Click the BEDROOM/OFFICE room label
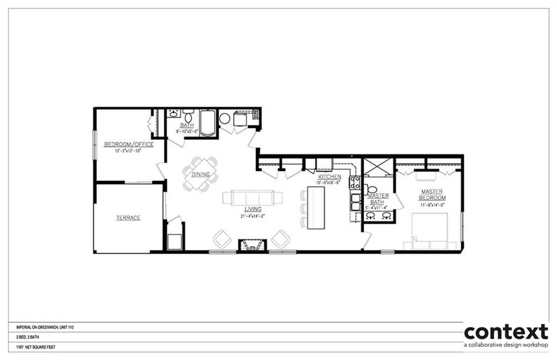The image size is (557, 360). pyautogui.click(x=129, y=144)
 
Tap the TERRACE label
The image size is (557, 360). pyautogui.click(x=128, y=217)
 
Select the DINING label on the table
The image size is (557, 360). pyautogui.click(x=201, y=174)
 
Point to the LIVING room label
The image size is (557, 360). pyautogui.click(x=252, y=209)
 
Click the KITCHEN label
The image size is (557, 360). pyautogui.click(x=330, y=177)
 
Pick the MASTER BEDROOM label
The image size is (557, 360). pyautogui.click(x=432, y=195)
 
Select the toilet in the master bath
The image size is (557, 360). pyautogui.click(x=371, y=190)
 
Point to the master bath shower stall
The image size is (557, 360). pyautogui.click(x=377, y=168)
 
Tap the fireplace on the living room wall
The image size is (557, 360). pyautogui.click(x=252, y=245)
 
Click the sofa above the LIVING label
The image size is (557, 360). pyautogui.click(x=252, y=198)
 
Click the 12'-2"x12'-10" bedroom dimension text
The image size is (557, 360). pyautogui.click(x=129, y=150)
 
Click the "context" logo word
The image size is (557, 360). pyautogui.click(x=506, y=331)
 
